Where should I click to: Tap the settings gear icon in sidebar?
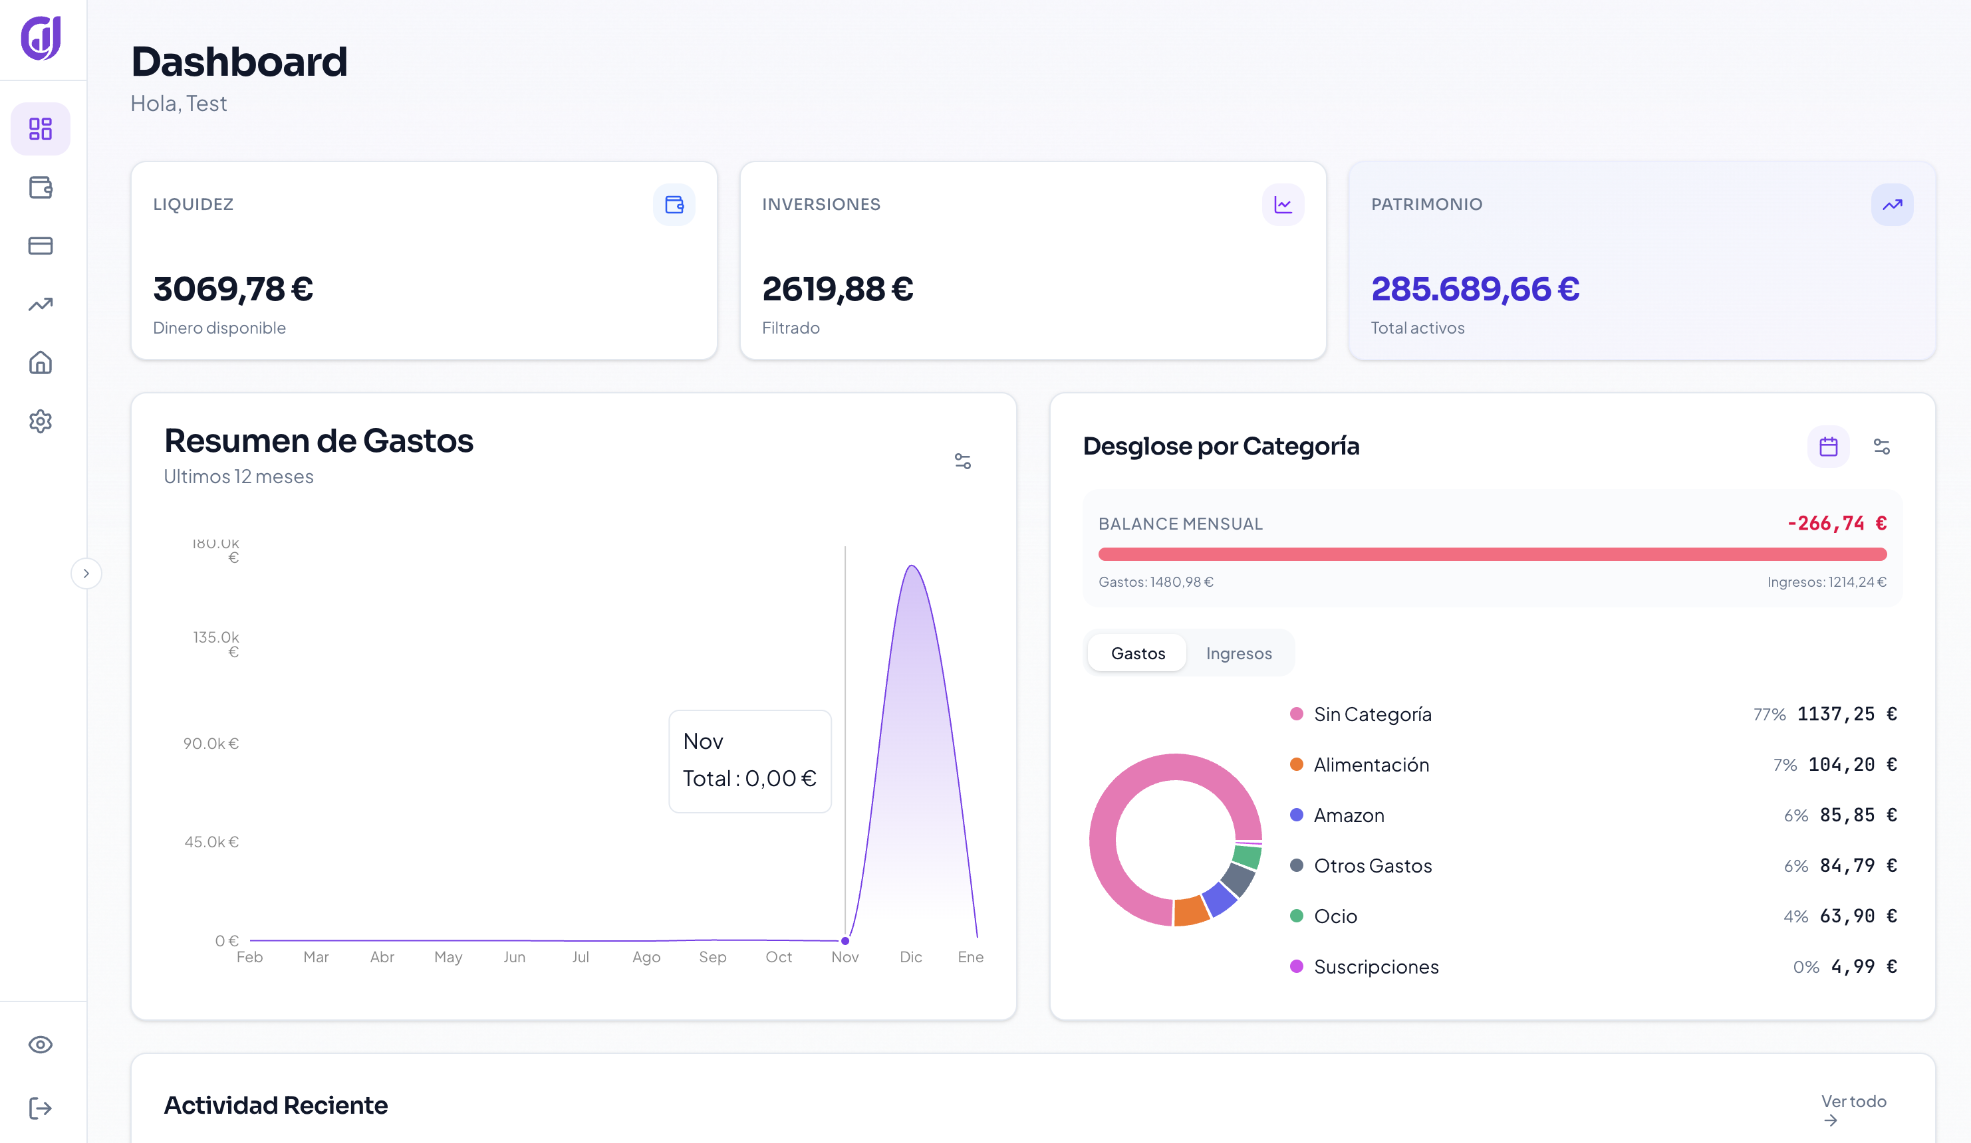(41, 421)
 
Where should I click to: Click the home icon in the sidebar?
(41, 363)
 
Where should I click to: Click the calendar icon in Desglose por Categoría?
(1828, 447)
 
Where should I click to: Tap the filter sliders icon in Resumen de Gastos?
(963, 461)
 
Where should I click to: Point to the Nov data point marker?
(845, 940)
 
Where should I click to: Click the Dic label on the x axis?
(910, 957)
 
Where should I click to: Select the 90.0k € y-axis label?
(211, 744)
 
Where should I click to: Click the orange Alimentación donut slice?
(1190, 911)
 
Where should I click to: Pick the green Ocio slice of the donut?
(1247, 857)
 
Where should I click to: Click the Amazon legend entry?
(1349, 815)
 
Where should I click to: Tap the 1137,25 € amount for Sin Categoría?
(1846, 714)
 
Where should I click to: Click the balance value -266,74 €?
(1836, 523)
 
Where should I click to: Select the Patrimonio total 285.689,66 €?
(1475, 289)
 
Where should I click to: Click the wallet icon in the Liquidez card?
(674, 205)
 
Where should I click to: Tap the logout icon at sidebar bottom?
(41, 1108)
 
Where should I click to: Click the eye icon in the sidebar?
(41, 1045)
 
